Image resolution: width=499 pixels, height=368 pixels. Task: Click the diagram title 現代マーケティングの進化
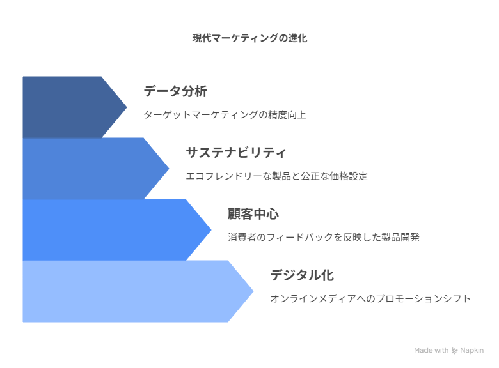click(x=249, y=38)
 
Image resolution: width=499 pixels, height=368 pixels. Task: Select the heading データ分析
click(x=175, y=91)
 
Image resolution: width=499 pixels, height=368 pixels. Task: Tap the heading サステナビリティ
click(x=236, y=153)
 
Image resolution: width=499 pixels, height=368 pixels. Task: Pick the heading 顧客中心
click(x=253, y=214)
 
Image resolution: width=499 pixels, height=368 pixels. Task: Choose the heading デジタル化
click(x=302, y=275)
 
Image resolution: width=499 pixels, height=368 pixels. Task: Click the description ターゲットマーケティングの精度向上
click(x=225, y=114)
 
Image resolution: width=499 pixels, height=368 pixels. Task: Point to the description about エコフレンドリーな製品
click(x=276, y=176)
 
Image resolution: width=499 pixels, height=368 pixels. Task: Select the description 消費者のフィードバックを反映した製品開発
click(x=324, y=237)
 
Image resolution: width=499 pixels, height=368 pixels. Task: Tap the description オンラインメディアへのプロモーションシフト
click(x=370, y=298)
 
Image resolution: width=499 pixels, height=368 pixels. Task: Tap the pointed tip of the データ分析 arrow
click(x=127, y=107)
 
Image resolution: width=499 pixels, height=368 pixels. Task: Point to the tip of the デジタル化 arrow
click(x=253, y=291)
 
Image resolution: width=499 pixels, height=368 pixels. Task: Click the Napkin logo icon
click(x=454, y=351)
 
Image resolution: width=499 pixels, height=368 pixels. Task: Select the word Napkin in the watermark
click(x=472, y=350)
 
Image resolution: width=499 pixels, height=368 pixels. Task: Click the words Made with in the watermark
click(x=431, y=350)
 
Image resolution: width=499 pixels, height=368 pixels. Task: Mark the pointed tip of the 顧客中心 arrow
click(x=211, y=230)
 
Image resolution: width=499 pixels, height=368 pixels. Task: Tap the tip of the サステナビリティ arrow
click(x=169, y=169)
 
